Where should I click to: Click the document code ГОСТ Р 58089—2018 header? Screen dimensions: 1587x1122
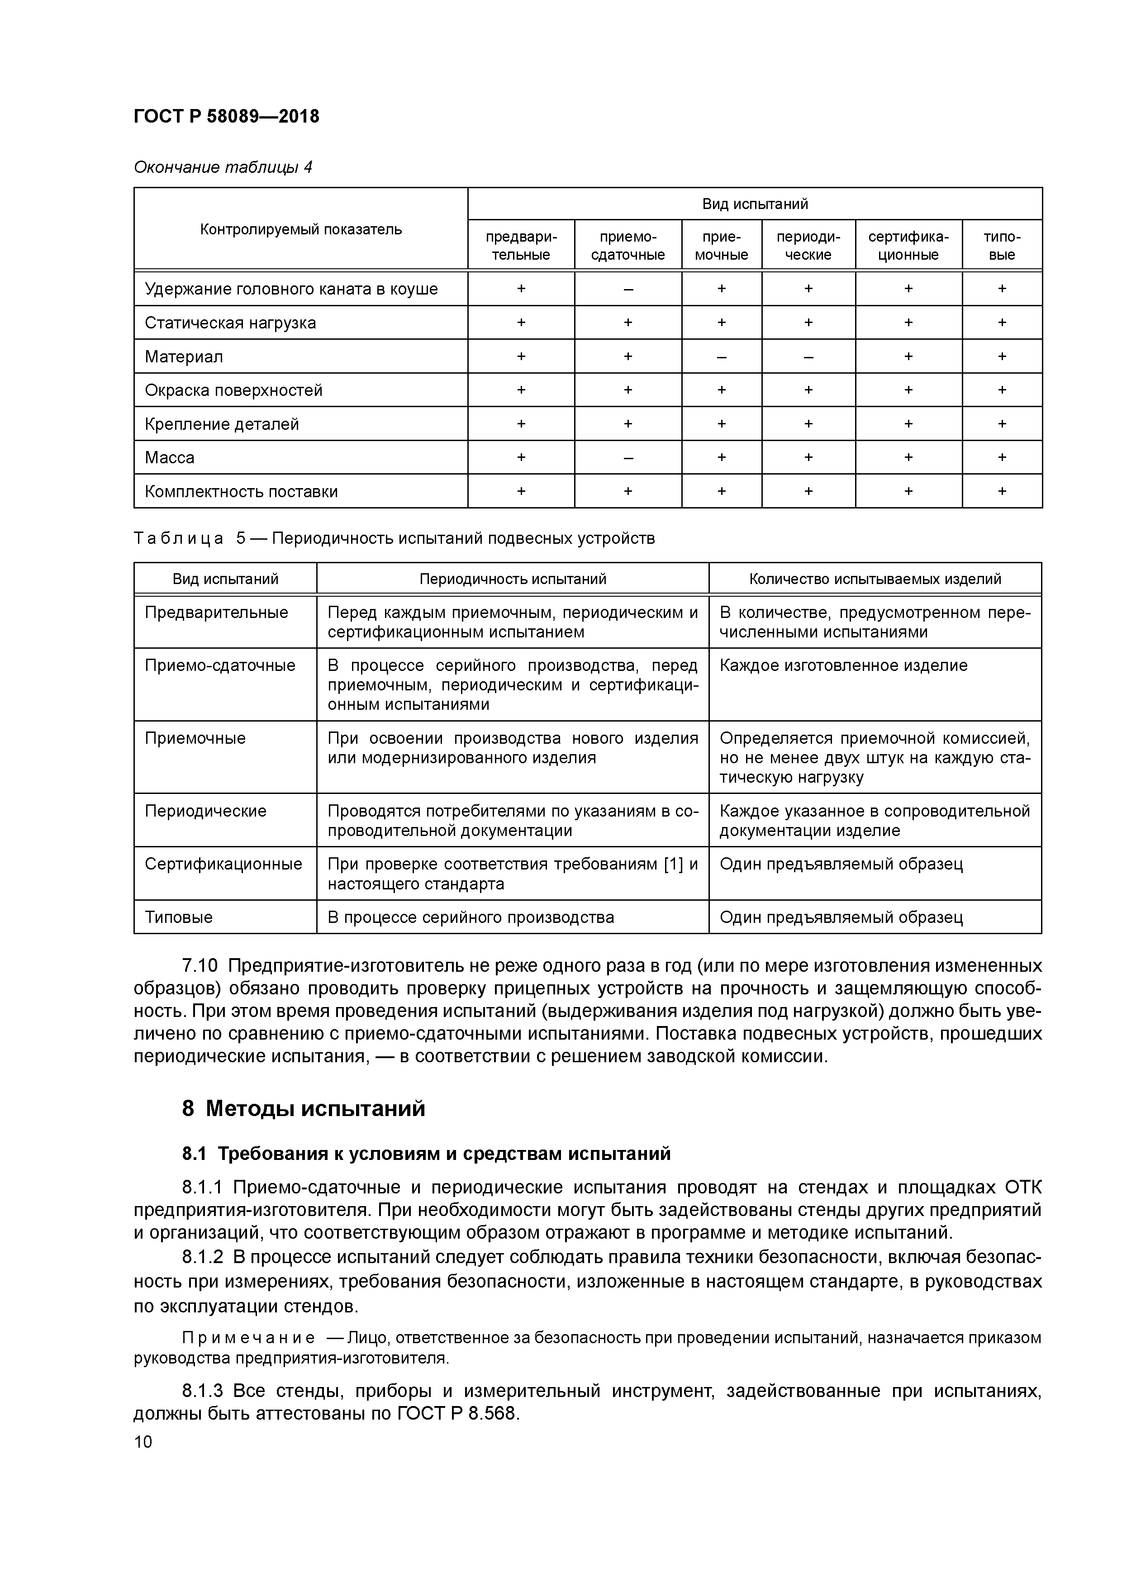coord(226,116)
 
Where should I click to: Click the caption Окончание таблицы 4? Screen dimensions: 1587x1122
coord(223,167)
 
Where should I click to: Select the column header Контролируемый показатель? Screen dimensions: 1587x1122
coord(301,229)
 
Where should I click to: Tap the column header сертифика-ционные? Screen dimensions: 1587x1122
coord(908,245)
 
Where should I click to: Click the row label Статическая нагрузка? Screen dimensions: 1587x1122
coord(230,323)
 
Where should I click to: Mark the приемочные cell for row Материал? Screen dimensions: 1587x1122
coord(721,356)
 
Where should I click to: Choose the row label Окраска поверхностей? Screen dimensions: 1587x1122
coord(233,390)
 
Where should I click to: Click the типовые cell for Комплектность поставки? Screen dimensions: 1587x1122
coord(1002,491)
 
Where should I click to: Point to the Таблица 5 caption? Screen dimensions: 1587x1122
coord(394,538)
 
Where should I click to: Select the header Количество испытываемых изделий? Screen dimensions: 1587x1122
coord(875,579)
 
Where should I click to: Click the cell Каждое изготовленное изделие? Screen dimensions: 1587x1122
coord(843,665)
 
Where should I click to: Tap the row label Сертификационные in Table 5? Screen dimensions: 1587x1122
coord(223,864)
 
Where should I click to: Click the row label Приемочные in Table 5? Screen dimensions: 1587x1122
coord(195,738)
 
